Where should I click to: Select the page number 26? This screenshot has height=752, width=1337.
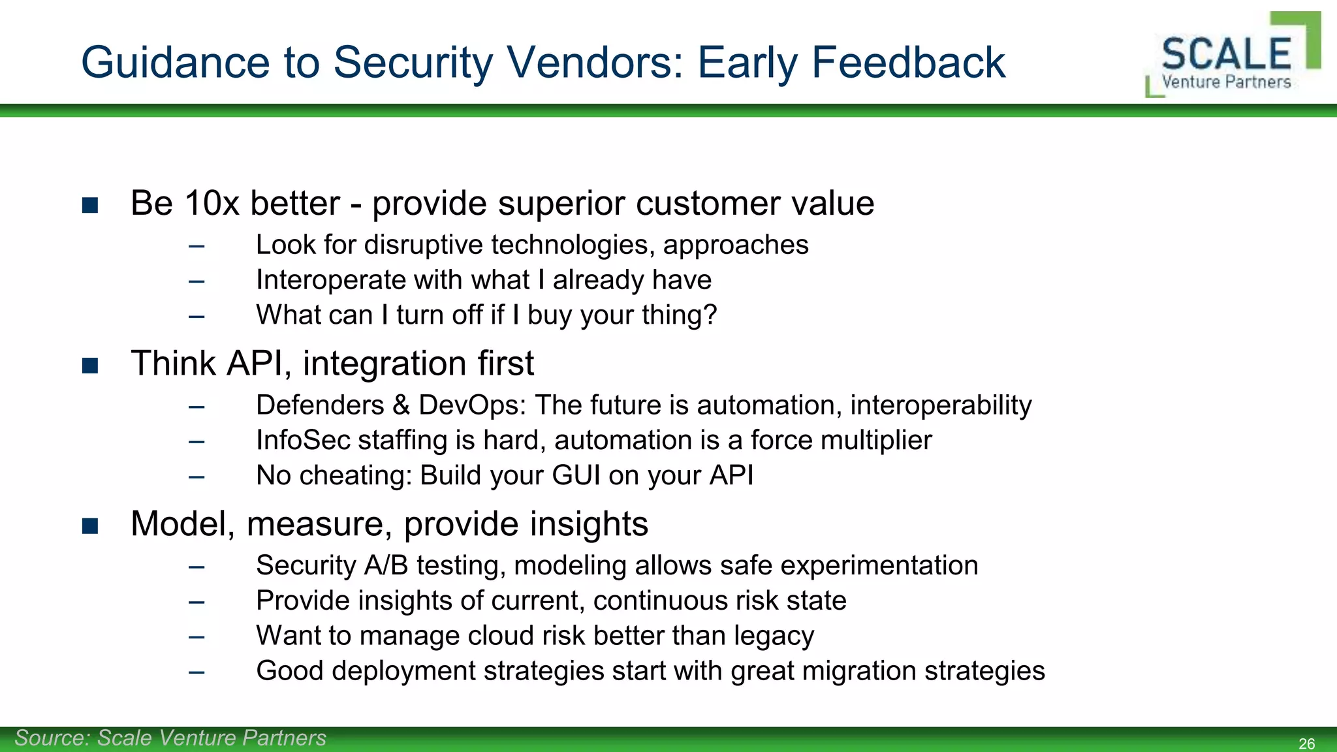click(1306, 744)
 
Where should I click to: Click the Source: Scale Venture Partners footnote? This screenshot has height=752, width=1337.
click(170, 738)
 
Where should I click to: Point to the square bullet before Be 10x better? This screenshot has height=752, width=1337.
click(90, 206)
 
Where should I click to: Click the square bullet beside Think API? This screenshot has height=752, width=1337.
click(90, 366)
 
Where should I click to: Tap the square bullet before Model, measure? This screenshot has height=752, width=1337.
click(90, 526)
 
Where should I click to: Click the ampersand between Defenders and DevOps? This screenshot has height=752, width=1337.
click(401, 405)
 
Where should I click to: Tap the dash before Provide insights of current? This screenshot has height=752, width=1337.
click(197, 601)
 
